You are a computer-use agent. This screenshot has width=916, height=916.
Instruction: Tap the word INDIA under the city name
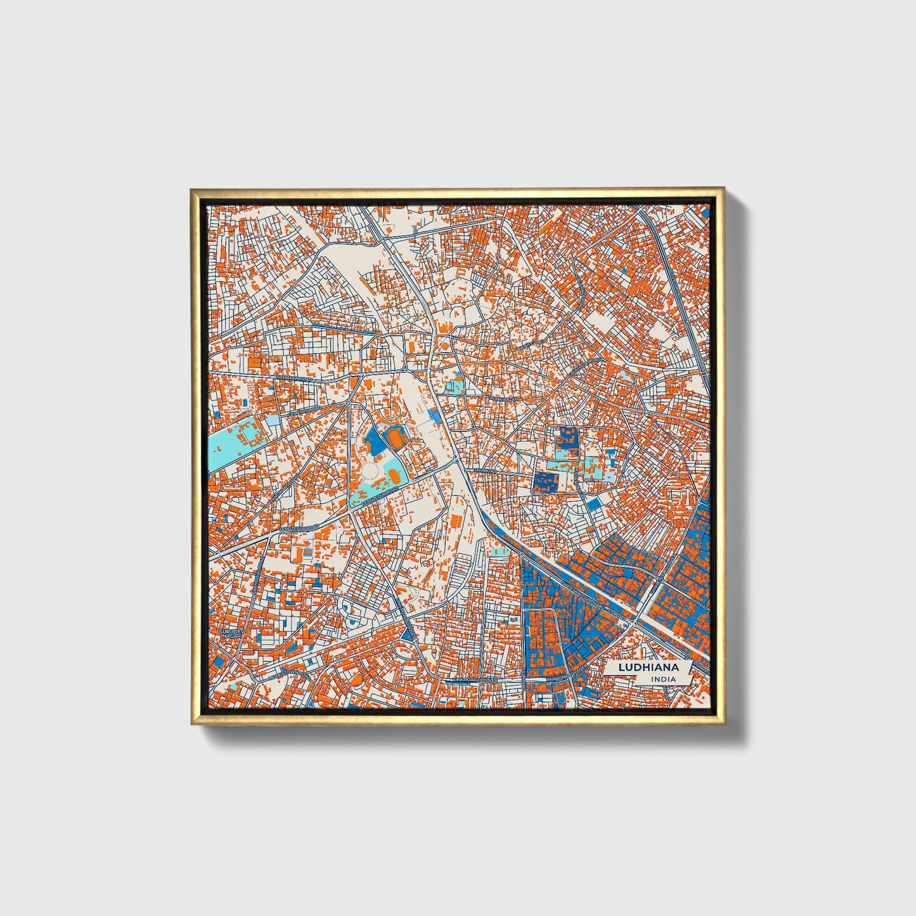pyautogui.click(x=662, y=679)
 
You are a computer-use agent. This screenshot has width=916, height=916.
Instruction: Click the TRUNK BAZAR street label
pyautogui.click(x=504, y=399)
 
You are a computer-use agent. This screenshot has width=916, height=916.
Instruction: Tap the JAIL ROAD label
pyautogui.click(x=486, y=471)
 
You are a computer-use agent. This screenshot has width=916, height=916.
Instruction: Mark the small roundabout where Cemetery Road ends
pyautogui.click(x=348, y=402)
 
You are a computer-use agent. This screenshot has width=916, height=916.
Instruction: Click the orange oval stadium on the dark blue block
pyautogui.click(x=394, y=437)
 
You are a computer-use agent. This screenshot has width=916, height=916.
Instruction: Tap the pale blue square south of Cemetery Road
pyautogui.click(x=271, y=421)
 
